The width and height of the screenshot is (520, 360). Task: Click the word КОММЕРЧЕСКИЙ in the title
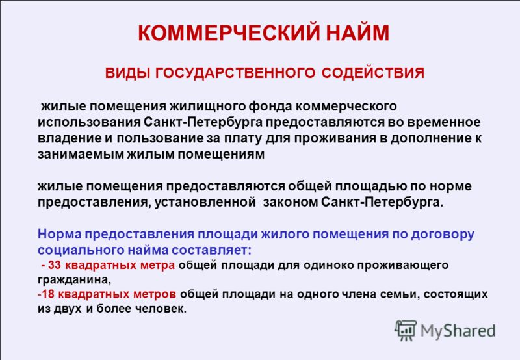229,32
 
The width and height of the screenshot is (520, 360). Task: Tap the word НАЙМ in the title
357,32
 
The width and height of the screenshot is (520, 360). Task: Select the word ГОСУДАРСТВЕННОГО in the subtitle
235,73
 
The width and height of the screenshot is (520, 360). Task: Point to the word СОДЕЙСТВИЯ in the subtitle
372,73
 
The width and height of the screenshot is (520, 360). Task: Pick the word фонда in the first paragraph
270,106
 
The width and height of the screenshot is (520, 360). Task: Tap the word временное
444,122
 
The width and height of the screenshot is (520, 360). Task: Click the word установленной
205,202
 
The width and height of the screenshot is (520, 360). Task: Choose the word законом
291,202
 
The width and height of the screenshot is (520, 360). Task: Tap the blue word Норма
59,234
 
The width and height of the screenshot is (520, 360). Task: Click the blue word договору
443,234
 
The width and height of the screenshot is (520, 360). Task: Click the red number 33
55,265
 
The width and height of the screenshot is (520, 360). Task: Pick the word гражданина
73,280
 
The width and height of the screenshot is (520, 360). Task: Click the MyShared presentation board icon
406,330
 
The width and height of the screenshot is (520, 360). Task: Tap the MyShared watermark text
458,331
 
